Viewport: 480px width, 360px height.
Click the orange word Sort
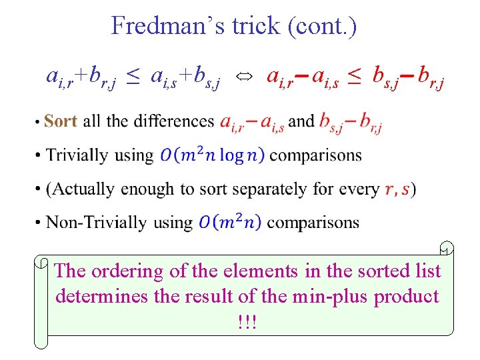(x=61, y=121)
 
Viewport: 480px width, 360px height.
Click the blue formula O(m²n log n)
(x=213, y=155)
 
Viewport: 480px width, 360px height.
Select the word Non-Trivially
(x=96, y=222)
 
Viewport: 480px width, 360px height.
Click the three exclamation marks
(x=247, y=321)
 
